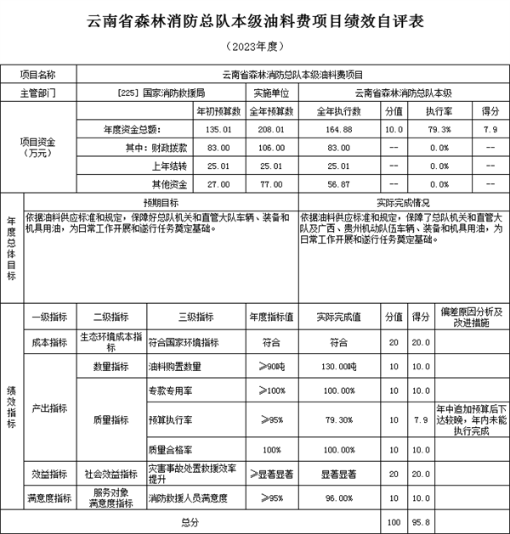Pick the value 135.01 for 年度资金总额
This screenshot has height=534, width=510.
click(x=219, y=129)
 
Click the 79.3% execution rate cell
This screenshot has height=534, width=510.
click(x=439, y=129)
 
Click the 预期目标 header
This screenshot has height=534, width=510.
click(x=160, y=203)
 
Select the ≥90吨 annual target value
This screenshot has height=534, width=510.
click(x=271, y=367)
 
